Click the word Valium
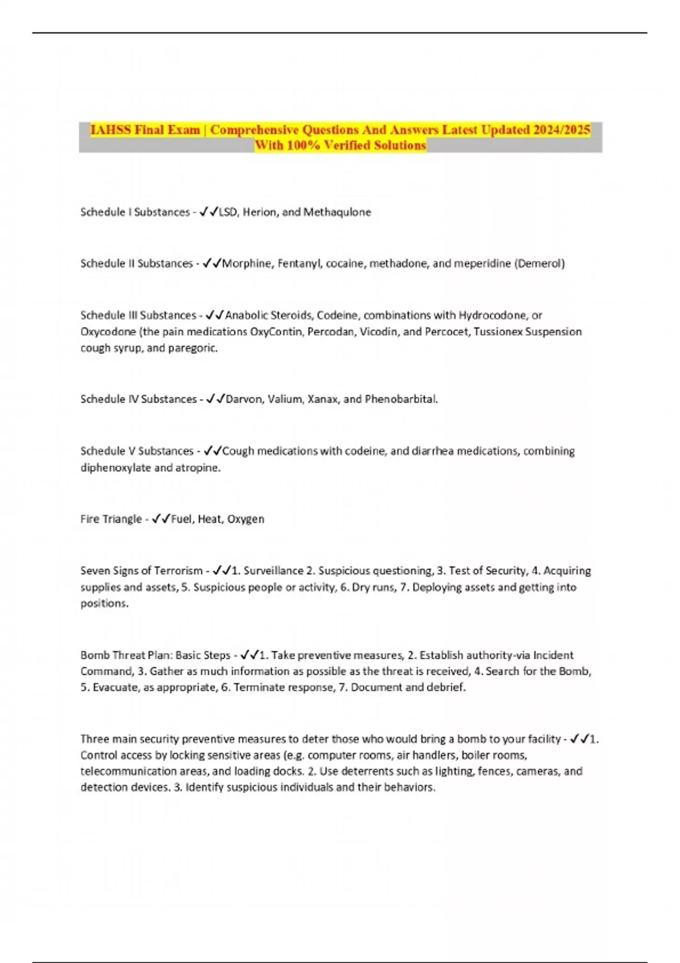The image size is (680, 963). (285, 399)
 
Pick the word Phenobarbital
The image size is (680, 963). (401, 399)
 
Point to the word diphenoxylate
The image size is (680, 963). (116, 468)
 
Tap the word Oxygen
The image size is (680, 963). (245, 519)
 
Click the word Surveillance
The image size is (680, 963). (273, 570)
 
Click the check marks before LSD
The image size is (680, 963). (209, 212)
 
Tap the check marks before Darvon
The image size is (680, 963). (216, 399)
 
